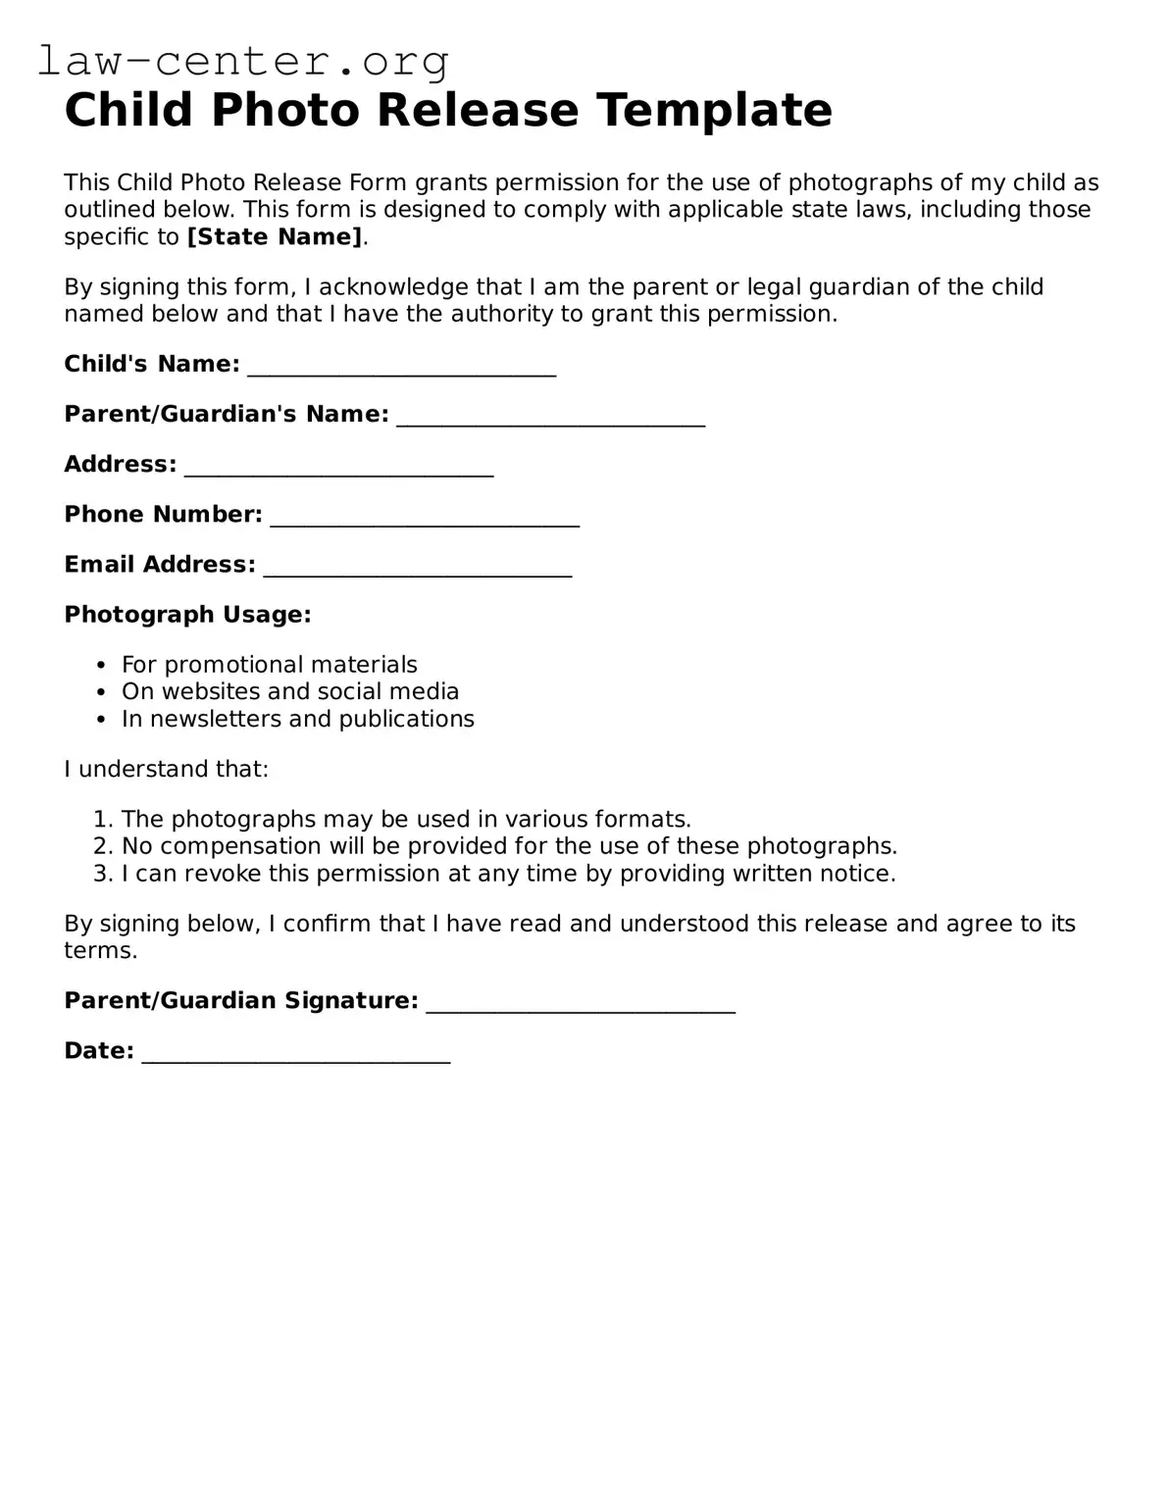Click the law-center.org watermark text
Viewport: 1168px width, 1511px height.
(243, 61)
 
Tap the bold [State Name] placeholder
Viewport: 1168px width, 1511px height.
(275, 237)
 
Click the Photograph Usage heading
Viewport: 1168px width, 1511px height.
(187, 615)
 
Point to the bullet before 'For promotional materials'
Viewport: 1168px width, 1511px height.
(101, 666)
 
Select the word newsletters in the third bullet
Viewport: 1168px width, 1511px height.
(205, 719)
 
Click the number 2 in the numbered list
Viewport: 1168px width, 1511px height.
(101, 846)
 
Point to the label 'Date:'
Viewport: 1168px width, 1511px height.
(99, 1051)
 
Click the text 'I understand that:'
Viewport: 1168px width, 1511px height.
(166, 769)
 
